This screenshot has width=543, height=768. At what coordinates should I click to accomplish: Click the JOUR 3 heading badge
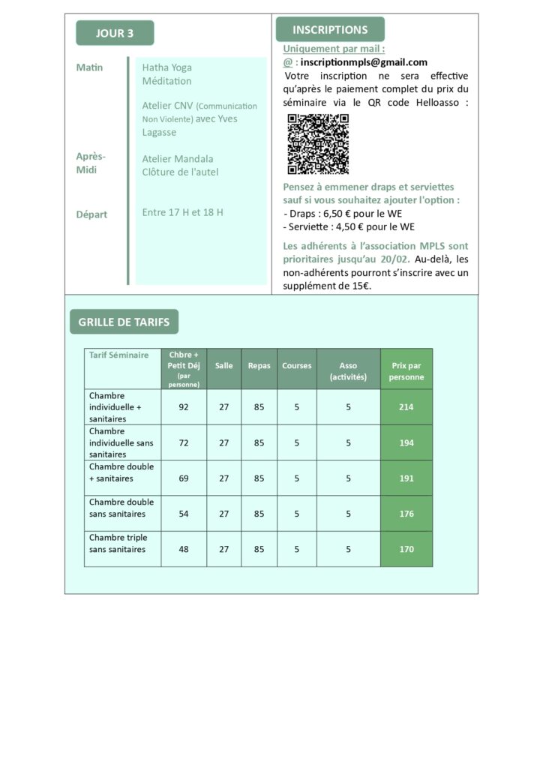point(115,33)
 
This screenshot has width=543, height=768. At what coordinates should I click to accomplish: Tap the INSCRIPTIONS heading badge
point(330,30)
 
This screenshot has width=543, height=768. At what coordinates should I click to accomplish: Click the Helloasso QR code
point(318,144)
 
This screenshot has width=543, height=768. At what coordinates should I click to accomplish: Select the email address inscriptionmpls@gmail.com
point(364,62)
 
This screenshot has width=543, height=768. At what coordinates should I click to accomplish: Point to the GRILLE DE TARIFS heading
point(124,322)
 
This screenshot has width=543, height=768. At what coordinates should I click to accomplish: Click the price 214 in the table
point(406,407)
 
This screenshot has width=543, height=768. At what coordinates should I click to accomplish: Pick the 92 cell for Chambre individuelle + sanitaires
point(184,407)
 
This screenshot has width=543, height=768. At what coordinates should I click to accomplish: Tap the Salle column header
point(223,366)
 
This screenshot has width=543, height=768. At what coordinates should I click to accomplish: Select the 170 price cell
point(406,550)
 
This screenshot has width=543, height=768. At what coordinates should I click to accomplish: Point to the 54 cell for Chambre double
point(184,514)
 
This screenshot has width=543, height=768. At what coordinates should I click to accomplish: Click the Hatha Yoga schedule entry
point(166,67)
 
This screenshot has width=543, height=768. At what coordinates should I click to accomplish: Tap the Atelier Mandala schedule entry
point(178,159)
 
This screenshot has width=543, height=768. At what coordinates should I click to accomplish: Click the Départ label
point(91,214)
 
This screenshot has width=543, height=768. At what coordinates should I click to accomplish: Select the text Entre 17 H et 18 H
point(182,212)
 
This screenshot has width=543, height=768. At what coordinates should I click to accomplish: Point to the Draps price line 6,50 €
point(343,214)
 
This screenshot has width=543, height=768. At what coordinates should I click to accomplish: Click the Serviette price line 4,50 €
point(349,226)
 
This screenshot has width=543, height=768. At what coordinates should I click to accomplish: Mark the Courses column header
point(296,366)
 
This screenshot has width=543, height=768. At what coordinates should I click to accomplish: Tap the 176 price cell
point(406,514)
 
